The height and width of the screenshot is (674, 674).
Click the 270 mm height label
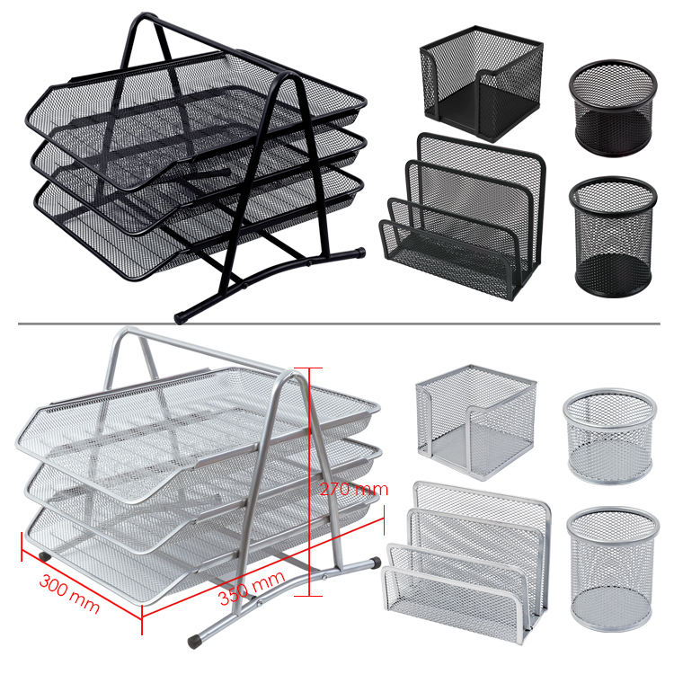tap(354, 489)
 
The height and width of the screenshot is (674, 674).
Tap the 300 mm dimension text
tap(69, 594)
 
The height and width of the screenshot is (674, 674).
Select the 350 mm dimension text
tap(252, 588)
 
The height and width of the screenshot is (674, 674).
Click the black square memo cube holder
tap(482, 84)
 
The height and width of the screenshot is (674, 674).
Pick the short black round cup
tap(613, 108)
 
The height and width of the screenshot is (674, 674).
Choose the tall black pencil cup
tap(613, 236)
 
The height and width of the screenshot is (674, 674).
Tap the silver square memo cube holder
tap(475, 422)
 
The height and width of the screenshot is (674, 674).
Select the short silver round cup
tap(609, 436)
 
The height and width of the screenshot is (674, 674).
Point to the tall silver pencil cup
tap(613, 569)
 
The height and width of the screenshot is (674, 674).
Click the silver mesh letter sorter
tap(466, 563)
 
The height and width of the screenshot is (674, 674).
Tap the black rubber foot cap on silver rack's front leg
tap(194, 643)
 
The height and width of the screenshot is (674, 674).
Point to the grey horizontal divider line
tap(339, 324)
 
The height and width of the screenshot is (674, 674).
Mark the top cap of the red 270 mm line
tap(308, 368)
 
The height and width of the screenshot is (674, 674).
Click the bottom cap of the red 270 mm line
tap(308, 596)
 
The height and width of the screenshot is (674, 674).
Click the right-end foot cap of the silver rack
tap(376, 562)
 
